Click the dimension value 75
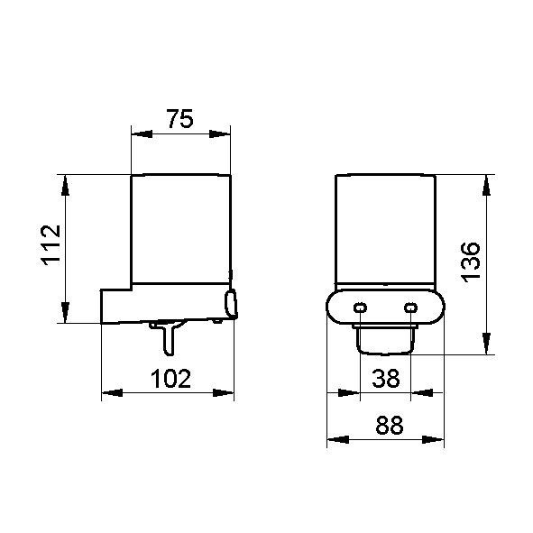point(180,119)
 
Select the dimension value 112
point(51,244)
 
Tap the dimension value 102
point(171,379)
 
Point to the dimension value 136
point(471,262)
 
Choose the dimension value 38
point(386,379)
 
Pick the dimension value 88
point(390,425)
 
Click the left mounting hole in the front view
point(360,308)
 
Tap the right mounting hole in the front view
point(410,308)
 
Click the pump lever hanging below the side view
point(168,338)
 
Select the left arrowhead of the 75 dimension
point(142,134)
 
